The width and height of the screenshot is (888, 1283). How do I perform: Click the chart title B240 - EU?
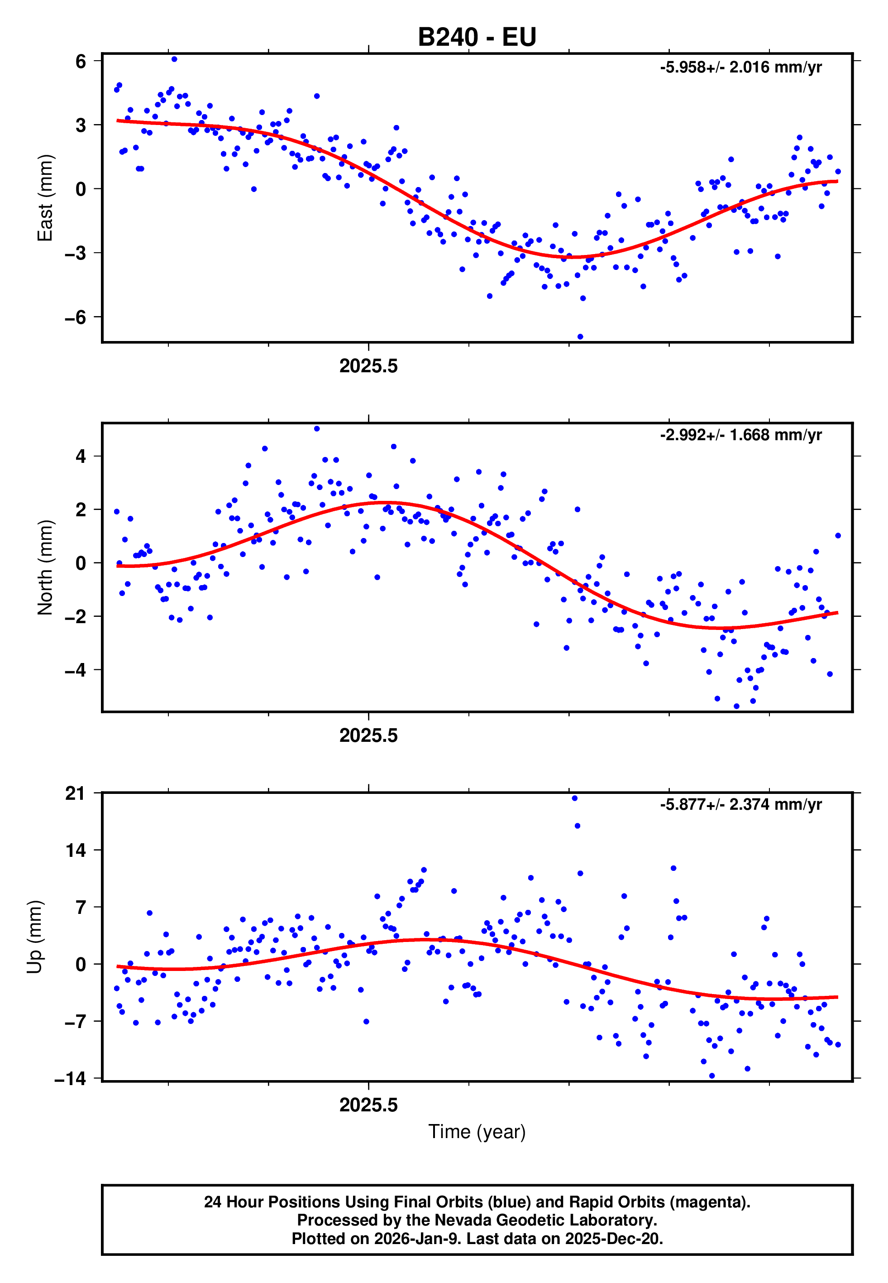point(477,37)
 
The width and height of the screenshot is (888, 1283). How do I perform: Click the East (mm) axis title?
point(45,197)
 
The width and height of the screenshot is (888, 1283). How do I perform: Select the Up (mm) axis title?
point(34,937)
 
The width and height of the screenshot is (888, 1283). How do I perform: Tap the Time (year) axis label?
point(477,1132)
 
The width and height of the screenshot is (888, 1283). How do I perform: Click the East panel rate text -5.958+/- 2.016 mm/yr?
point(740,67)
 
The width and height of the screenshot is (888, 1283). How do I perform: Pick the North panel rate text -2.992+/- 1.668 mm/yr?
point(740,435)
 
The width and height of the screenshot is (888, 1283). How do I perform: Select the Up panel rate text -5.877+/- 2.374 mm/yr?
point(740,804)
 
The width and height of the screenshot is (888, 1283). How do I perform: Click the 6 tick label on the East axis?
point(81,61)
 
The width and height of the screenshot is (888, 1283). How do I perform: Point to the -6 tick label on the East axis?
point(76,317)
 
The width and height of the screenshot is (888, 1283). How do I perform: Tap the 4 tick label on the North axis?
point(81,456)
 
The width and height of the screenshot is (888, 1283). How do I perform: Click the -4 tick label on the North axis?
point(76,670)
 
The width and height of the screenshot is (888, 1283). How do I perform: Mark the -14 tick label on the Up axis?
point(71,1079)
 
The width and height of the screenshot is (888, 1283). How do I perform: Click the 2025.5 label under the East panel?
point(368,366)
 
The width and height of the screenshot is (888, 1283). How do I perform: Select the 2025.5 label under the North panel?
point(368,736)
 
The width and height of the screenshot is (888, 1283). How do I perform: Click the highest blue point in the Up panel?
point(575,798)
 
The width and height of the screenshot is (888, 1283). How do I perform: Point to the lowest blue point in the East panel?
point(580,337)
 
